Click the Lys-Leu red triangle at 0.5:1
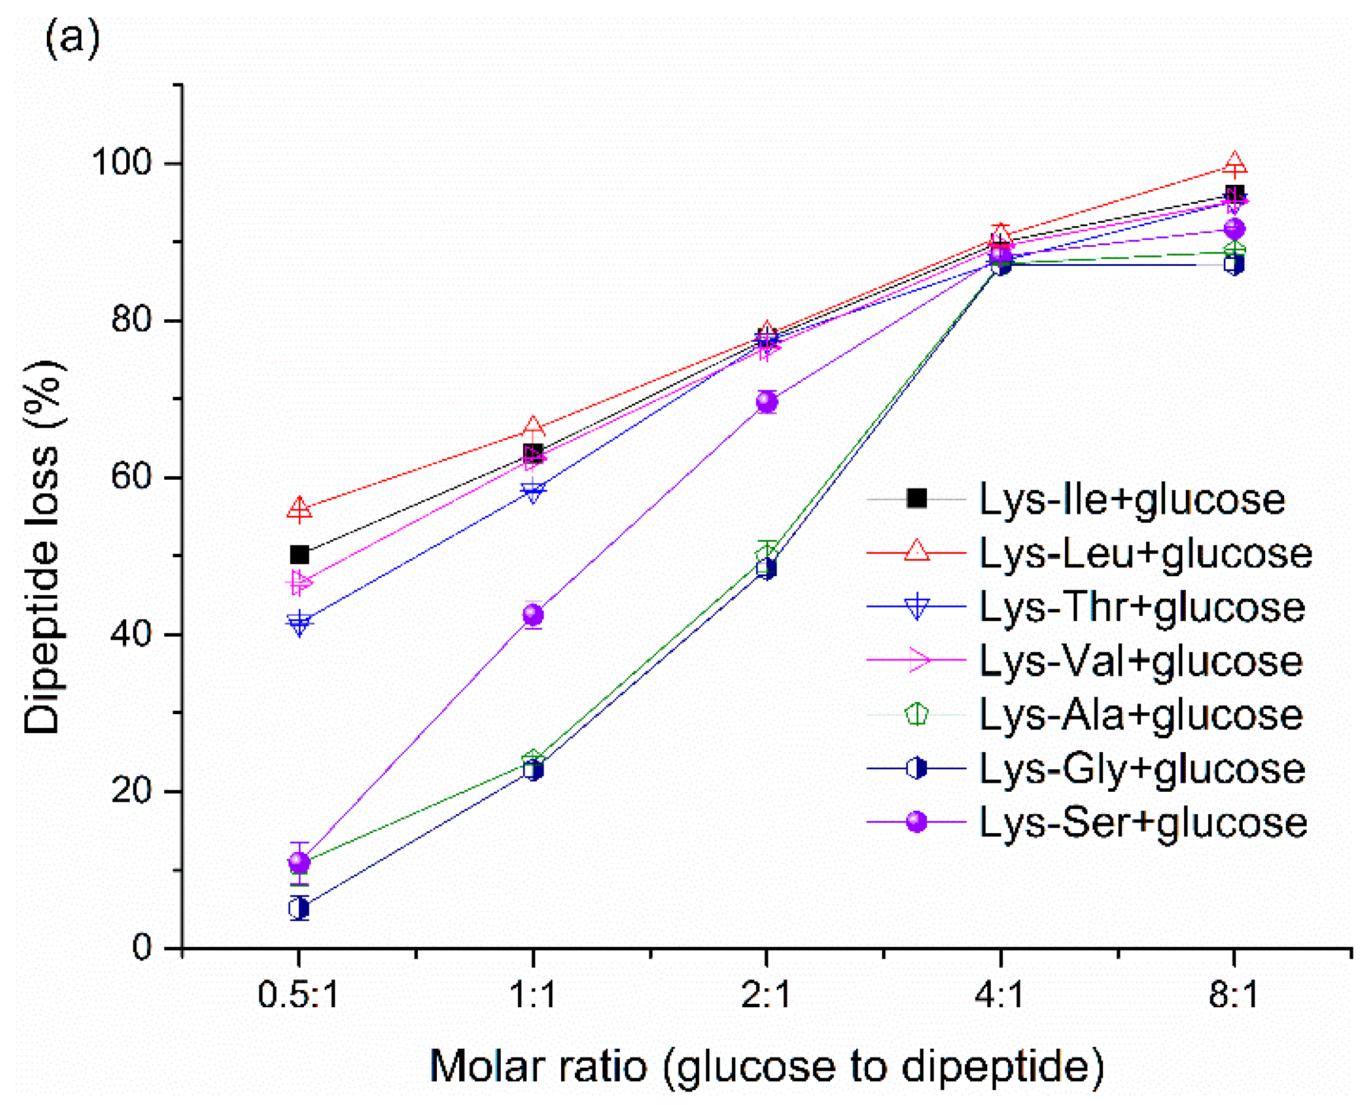pos(299,509)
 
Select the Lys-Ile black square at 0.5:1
pos(299,555)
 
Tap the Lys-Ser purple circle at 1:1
pos(533,615)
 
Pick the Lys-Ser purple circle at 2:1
pos(767,401)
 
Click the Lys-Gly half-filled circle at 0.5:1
pos(299,908)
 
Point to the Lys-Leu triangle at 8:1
pos(1234,164)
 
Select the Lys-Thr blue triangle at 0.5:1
pos(299,622)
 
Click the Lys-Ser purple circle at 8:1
pos(1234,229)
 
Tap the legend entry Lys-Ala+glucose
pos(1141,714)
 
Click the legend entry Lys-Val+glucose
pos(1141,661)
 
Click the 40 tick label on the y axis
pos(130,634)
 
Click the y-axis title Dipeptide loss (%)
pos(43,547)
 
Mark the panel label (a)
pos(72,40)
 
